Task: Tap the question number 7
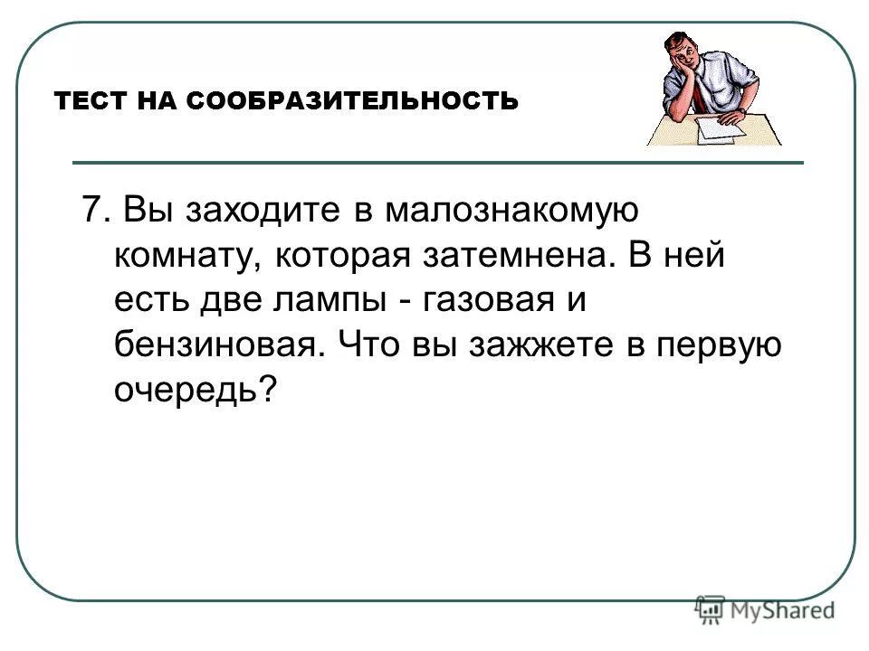click(x=91, y=211)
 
